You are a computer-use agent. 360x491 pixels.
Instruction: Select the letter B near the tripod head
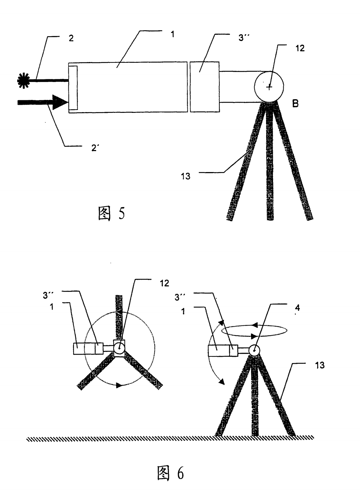295,104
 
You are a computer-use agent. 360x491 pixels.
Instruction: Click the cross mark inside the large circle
269,87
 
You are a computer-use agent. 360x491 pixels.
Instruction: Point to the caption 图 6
170,473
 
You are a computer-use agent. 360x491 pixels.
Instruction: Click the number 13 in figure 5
185,176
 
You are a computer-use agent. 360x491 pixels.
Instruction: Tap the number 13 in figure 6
319,366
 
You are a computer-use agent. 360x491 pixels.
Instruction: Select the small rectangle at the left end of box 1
73,88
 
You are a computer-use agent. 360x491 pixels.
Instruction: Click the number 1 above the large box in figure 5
172,35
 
